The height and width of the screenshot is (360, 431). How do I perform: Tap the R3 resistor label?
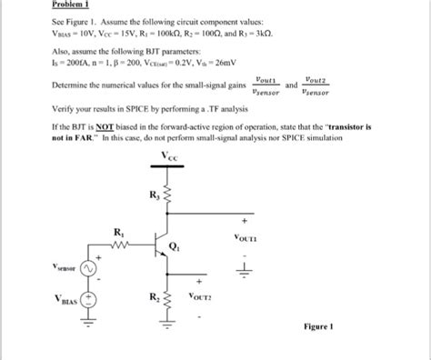click(x=156, y=195)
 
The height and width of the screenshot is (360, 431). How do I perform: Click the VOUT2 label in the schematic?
click(x=201, y=296)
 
